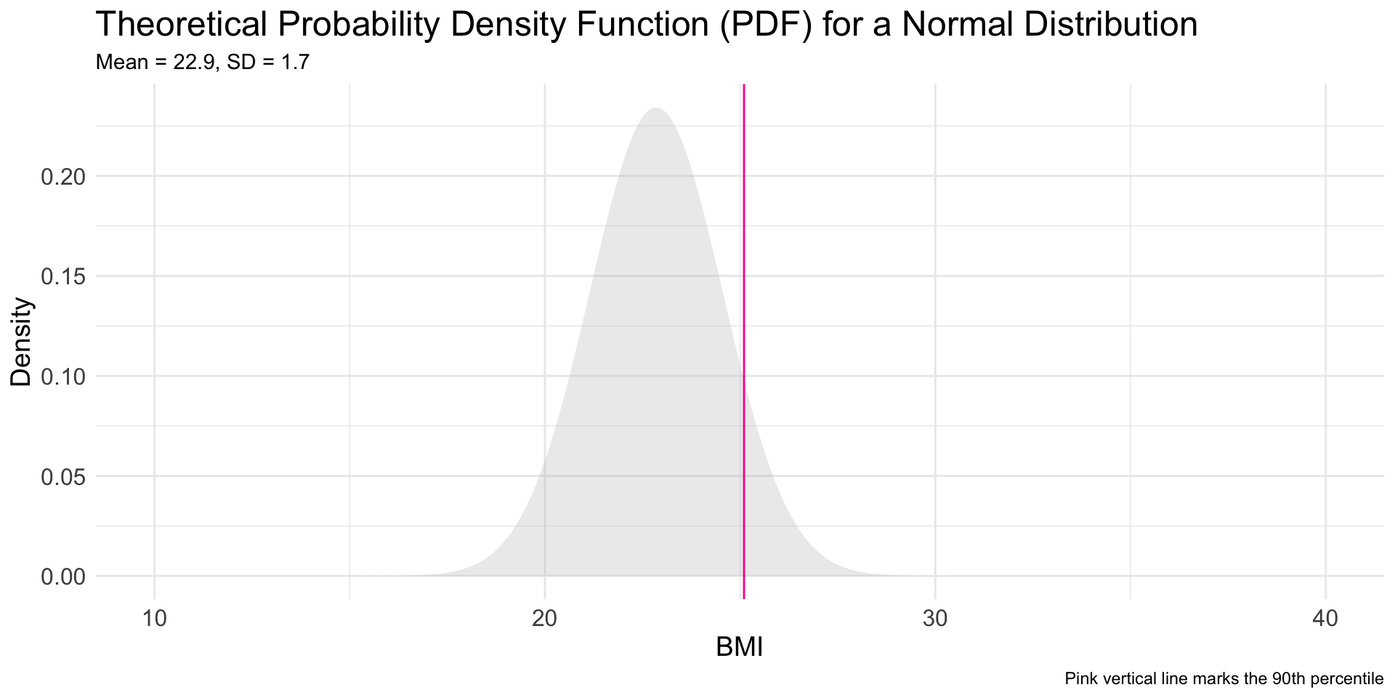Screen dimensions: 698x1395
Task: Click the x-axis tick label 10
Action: (154, 619)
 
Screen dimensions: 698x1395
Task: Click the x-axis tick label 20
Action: (544, 619)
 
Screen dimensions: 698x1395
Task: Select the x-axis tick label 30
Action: (935, 619)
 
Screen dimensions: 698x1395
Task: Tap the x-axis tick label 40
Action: (1325, 619)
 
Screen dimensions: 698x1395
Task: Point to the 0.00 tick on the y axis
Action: (63, 577)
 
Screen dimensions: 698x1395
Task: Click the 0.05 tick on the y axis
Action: (63, 477)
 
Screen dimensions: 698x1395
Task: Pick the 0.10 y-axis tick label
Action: (63, 377)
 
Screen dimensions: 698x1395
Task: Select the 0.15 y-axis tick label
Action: (63, 276)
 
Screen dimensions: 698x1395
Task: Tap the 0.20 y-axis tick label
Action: (63, 177)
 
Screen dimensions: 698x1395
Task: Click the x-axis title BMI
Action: (739, 647)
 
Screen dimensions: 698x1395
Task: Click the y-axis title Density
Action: (21, 342)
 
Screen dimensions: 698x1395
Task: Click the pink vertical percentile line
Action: (744, 291)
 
